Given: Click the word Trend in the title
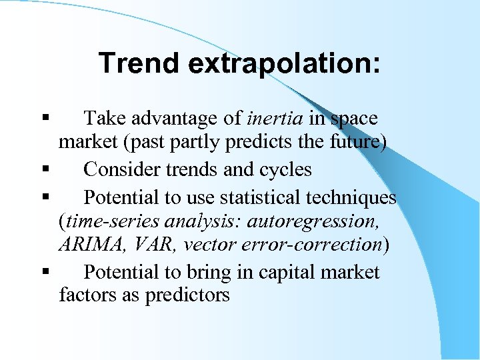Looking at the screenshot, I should (x=139, y=63).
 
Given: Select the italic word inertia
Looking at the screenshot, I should (x=275, y=119).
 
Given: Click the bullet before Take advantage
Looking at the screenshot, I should (x=44, y=119).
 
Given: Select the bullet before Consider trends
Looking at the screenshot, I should (x=44, y=170).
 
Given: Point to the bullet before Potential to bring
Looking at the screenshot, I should (x=44, y=272).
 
